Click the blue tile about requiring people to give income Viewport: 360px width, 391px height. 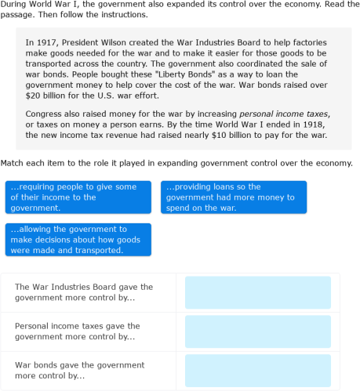point(78,197)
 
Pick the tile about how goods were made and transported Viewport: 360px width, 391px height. point(78,240)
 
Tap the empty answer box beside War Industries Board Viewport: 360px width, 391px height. point(257,292)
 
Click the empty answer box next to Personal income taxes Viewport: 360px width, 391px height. point(257,331)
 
